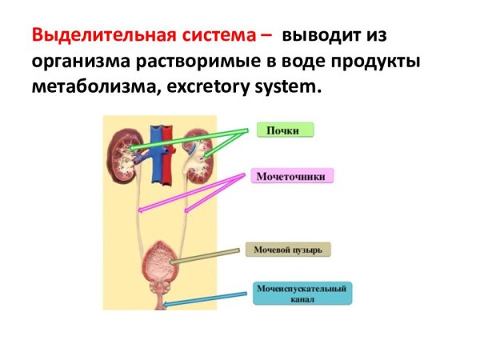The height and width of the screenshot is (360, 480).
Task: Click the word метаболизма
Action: [97, 87]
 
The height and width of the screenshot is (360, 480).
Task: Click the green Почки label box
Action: [286, 130]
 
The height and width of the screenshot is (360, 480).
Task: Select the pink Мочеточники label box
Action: [292, 176]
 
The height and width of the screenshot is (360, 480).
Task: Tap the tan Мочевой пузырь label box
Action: [288, 250]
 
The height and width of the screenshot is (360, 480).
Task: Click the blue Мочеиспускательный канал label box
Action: [302, 294]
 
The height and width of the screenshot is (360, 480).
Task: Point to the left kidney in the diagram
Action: [124, 157]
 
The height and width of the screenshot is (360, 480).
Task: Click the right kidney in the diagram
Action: [198, 156]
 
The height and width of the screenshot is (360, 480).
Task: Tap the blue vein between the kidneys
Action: [156, 154]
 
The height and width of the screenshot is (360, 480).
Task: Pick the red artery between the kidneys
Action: [168, 155]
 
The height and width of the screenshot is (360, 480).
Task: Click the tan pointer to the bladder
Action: [205, 257]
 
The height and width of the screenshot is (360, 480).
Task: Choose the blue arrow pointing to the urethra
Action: [205, 299]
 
